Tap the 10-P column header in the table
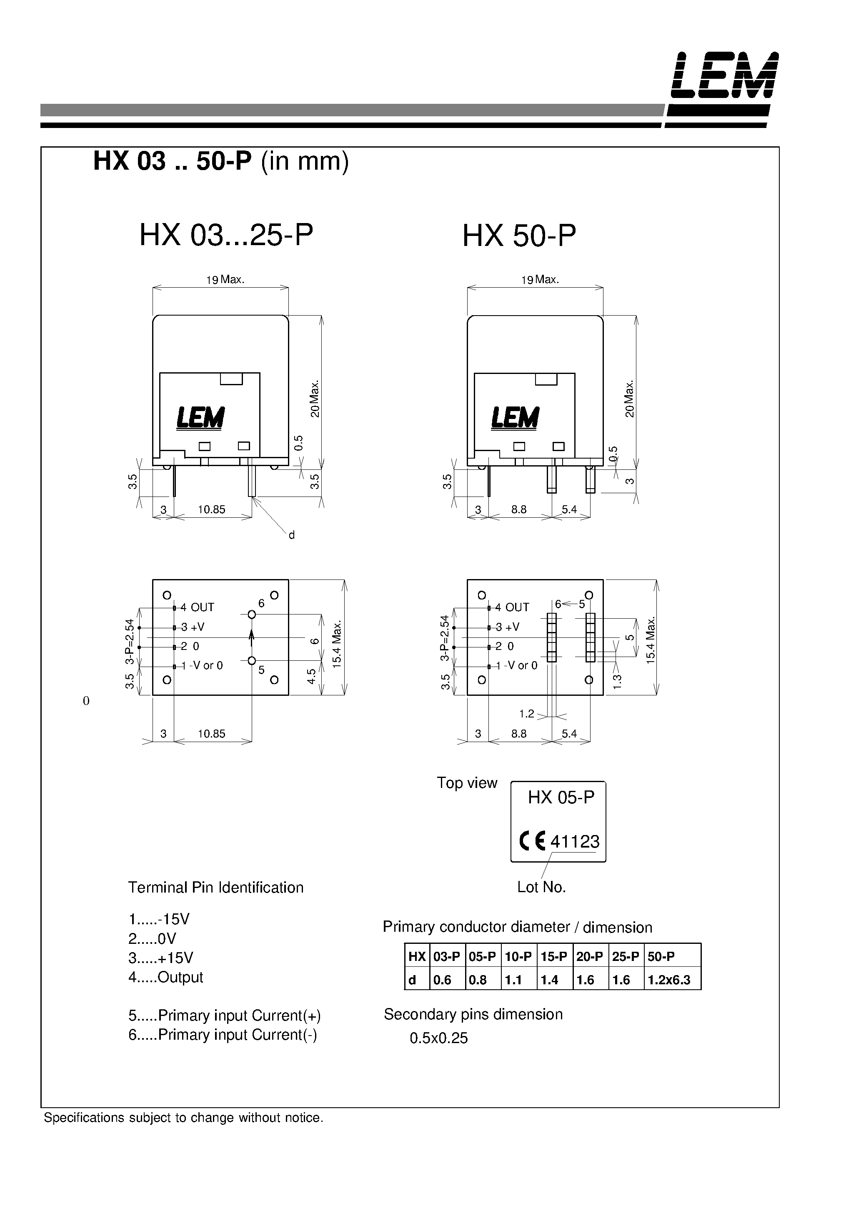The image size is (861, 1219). click(518, 957)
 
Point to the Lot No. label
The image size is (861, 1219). click(541, 887)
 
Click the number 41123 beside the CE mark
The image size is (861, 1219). click(575, 842)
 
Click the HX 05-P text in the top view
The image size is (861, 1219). click(561, 798)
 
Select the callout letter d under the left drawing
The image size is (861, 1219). click(291, 536)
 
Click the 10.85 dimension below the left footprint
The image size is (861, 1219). click(211, 734)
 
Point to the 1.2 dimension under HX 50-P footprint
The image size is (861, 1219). click(527, 714)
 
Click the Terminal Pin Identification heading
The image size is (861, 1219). click(215, 888)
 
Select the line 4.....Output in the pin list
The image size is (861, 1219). click(165, 978)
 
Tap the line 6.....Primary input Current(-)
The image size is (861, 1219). click(223, 1035)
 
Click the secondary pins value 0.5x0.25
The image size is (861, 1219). click(438, 1038)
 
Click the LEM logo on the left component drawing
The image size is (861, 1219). click(200, 418)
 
